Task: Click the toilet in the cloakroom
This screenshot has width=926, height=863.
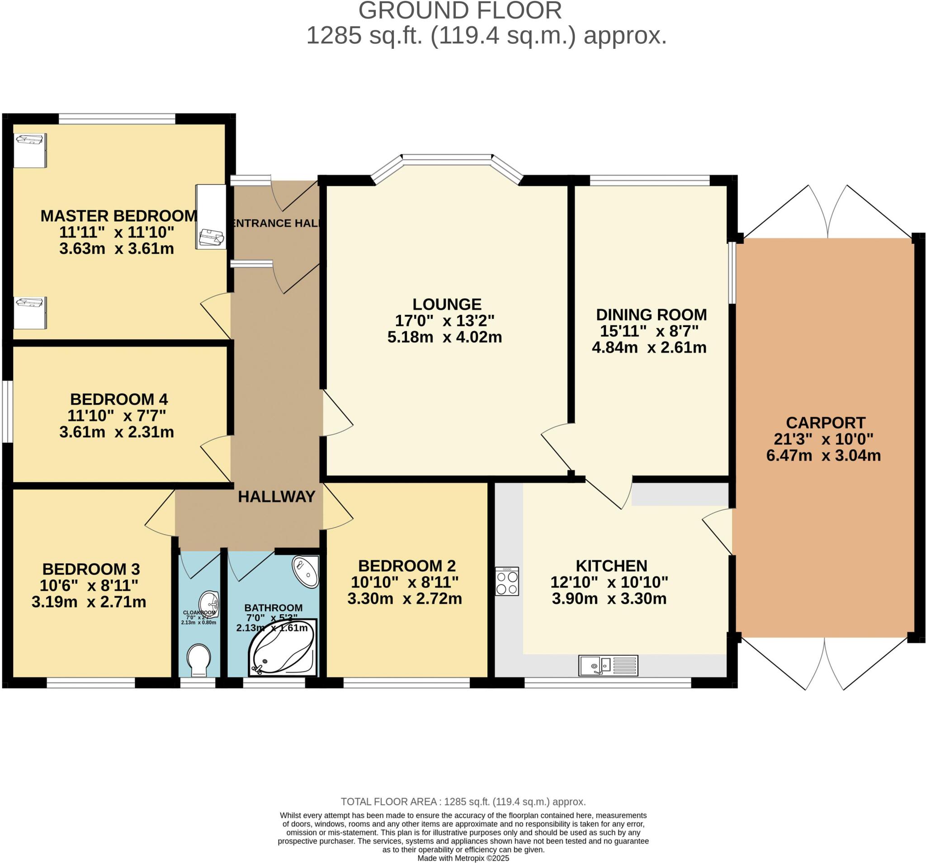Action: point(199,659)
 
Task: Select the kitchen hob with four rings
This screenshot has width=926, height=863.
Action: point(507,581)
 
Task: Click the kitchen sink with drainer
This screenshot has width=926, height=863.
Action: point(608,665)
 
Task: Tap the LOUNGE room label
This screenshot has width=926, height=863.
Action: point(447,304)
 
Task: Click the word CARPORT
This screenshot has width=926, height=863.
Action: point(825,422)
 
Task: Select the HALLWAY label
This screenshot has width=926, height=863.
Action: point(277,497)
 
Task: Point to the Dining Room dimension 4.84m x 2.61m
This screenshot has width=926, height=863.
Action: point(649,347)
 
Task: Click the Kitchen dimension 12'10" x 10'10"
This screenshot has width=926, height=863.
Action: point(609,582)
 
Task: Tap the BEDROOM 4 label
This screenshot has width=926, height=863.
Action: point(119,399)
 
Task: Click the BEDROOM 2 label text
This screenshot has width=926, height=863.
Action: point(406,566)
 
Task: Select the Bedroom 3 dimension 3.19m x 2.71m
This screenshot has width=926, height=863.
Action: point(89,602)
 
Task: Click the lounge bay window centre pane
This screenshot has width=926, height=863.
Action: point(447,159)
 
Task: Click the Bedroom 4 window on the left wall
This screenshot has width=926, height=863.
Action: point(7,412)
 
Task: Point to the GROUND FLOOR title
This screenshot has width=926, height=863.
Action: point(460,11)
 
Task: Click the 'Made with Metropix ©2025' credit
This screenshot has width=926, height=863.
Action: point(463,858)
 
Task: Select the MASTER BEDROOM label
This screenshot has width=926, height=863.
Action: point(119,216)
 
